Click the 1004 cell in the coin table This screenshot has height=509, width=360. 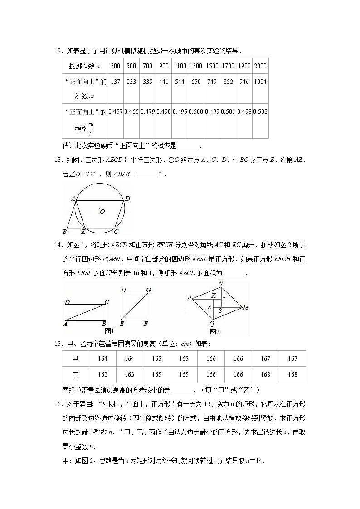click(260, 82)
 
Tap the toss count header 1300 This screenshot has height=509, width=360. click(196, 66)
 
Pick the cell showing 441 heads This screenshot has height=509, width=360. click(164, 82)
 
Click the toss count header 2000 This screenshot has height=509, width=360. click(260, 66)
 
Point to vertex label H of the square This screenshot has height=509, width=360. click(123, 291)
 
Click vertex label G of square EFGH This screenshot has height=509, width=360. click(148, 291)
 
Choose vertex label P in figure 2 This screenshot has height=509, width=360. click(189, 298)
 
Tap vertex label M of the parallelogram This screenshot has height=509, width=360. click(245, 308)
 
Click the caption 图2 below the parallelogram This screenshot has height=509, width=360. click(214, 332)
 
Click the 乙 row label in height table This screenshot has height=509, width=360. click(75, 374)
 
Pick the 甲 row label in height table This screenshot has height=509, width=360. click(75, 359)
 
